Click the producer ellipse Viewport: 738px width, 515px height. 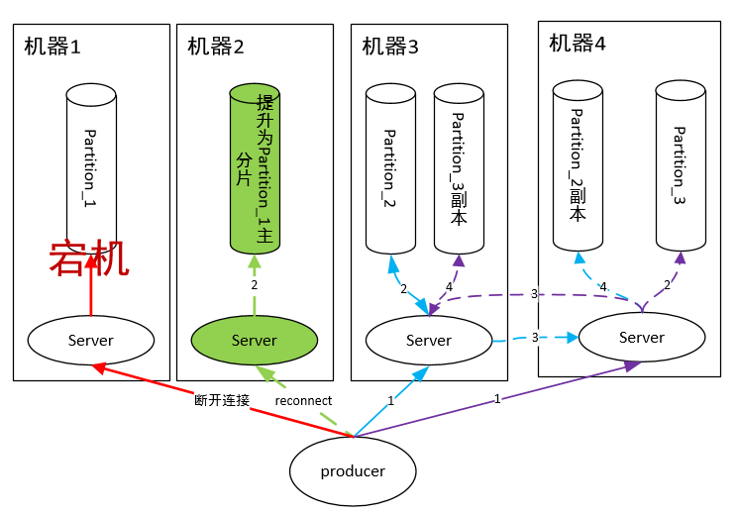click(353, 471)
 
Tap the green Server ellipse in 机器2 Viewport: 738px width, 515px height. click(255, 340)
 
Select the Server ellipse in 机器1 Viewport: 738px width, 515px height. click(91, 340)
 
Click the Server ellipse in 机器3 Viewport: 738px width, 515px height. click(429, 340)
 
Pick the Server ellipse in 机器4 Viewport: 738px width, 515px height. click(641, 337)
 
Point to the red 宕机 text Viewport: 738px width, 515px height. click(89, 259)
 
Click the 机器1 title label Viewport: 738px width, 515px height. click(52, 47)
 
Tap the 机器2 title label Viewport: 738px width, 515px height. click(215, 47)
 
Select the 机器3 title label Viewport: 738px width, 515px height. click(390, 47)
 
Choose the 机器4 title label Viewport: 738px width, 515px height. click(578, 43)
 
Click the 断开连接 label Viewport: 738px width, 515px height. click(222, 401)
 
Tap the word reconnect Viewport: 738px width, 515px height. click(303, 401)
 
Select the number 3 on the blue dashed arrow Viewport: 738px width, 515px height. click(535, 338)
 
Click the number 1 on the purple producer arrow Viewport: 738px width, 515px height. click(496, 400)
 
